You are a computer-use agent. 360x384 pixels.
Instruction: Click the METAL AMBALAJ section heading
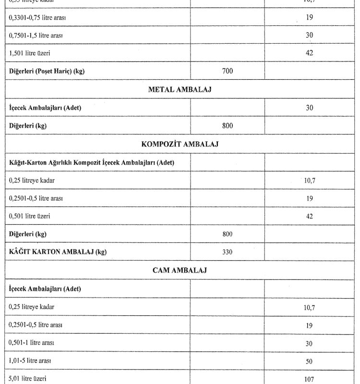click(x=180, y=89)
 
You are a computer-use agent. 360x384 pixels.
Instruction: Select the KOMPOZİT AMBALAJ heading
click(x=180, y=144)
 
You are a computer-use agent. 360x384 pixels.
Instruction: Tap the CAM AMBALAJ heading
click(x=180, y=270)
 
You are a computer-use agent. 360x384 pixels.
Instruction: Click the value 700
click(x=228, y=71)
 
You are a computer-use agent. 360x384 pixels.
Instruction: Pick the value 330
click(x=228, y=252)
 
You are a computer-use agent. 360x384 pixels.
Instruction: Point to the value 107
click(x=309, y=379)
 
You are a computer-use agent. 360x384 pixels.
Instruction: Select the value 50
click(x=309, y=361)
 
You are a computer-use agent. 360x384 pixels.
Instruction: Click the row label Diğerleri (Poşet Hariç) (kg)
click(x=47, y=71)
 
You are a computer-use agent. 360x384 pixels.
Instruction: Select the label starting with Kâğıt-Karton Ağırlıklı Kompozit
click(x=92, y=163)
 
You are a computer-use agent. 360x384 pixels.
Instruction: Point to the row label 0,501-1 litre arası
click(x=32, y=343)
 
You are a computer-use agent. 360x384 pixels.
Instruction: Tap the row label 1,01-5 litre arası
click(x=31, y=361)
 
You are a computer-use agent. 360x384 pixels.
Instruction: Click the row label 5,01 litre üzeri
click(x=28, y=379)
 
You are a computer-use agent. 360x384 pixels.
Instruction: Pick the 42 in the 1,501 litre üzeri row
click(x=309, y=53)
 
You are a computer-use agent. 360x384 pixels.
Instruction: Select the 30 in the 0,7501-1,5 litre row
click(x=309, y=36)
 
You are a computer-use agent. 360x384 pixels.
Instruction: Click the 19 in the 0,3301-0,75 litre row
click(x=309, y=18)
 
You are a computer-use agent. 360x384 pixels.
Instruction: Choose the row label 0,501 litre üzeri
click(x=30, y=216)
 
